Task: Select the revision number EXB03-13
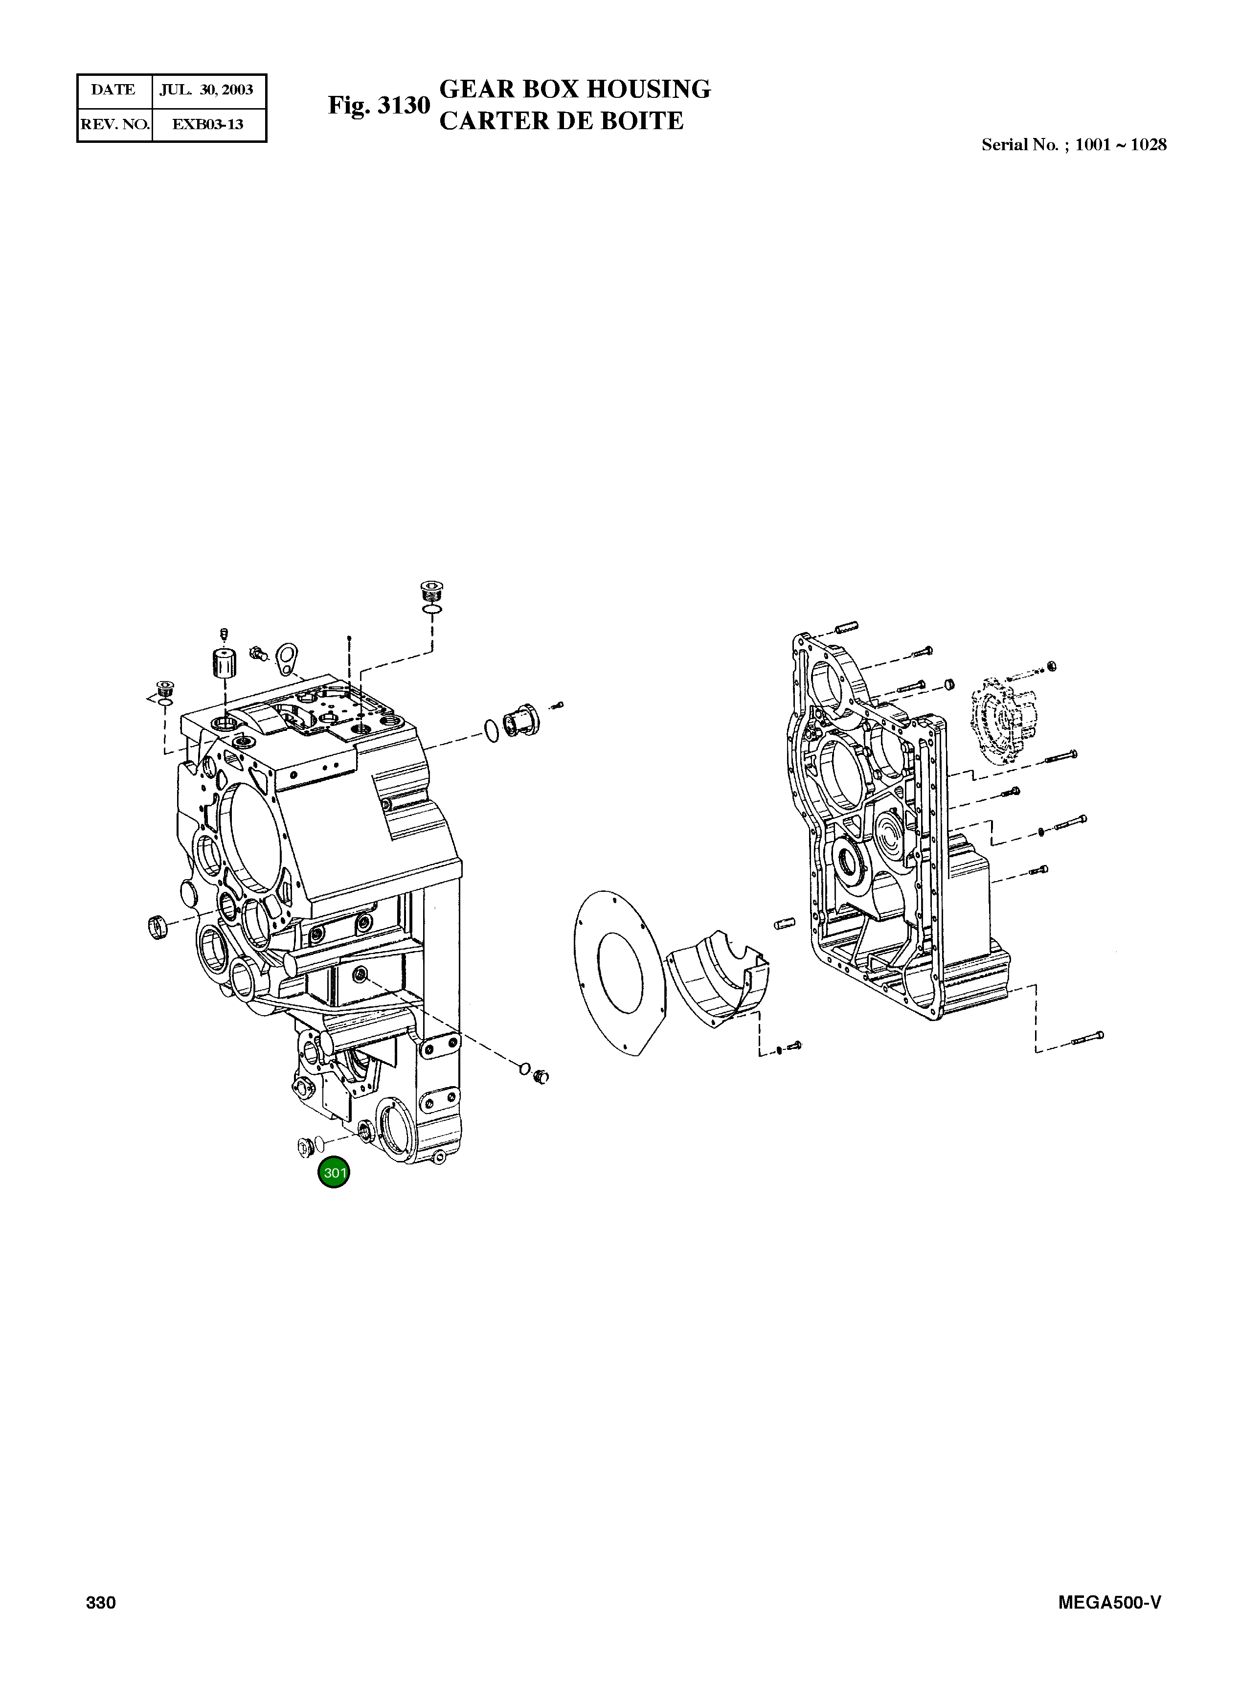[208, 125]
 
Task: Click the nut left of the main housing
[157, 928]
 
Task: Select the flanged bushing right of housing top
[518, 722]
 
